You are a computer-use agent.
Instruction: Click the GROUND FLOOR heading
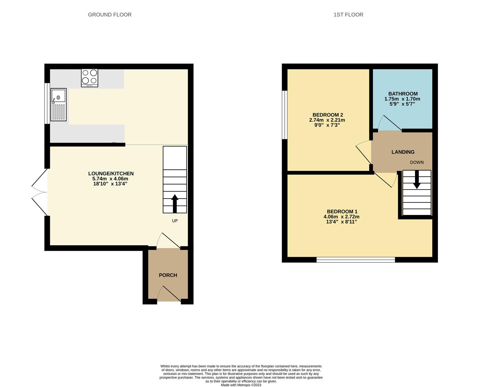pyautogui.click(x=110, y=15)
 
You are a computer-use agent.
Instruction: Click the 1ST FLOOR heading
pyautogui.click(x=348, y=15)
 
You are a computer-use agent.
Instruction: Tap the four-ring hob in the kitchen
pyautogui.click(x=90, y=77)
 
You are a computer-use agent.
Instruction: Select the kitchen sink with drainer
pyautogui.click(x=58, y=105)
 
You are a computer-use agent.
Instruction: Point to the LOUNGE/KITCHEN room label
pyautogui.click(x=111, y=173)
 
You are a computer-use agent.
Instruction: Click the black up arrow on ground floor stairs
pyautogui.click(x=175, y=204)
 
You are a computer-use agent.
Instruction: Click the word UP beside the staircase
pyautogui.click(x=175, y=221)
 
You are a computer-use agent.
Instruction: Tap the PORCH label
pyautogui.click(x=168, y=275)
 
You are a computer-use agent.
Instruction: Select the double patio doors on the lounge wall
pyautogui.click(x=39, y=192)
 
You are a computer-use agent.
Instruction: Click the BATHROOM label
pyautogui.click(x=403, y=94)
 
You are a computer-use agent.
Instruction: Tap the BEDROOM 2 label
pyautogui.click(x=328, y=115)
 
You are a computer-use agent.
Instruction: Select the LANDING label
pyautogui.click(x=403, y=152)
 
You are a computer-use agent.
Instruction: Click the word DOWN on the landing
pyautogui.click(x=417, y=162)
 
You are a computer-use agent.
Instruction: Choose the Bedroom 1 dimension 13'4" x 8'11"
pyautogui.click(x=341, y=222)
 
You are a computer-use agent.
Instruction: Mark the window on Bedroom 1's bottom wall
pyautogui.click(x=355, y=259)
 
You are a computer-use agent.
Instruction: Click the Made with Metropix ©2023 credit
pyautogui.click(x=241, y=385)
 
